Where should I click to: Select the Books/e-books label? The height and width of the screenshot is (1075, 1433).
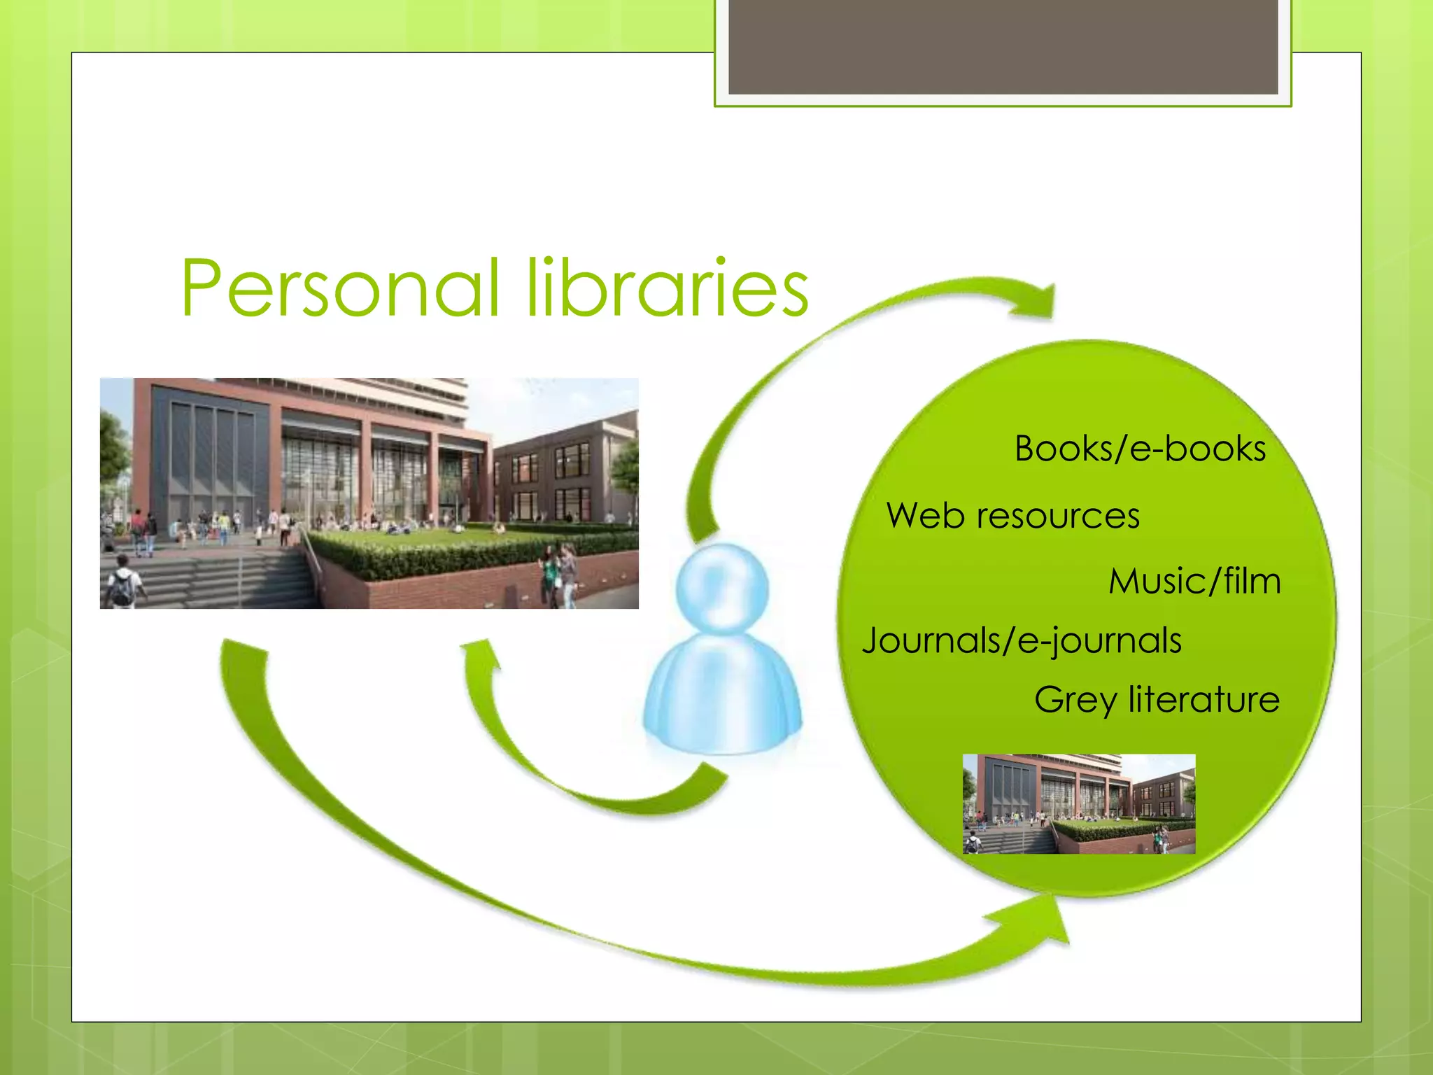[x=1140, y=449]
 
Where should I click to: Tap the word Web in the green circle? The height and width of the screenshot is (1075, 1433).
[x=925, y=517]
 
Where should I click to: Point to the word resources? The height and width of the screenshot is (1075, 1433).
[x=1058, y=517]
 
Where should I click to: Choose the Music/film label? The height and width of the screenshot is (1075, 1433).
[x=1194, y=582]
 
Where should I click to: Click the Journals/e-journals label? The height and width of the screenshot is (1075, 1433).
[x=1022, y=641]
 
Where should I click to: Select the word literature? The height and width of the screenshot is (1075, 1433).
[x=1203, y=699]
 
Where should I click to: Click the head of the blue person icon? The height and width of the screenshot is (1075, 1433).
[x=722, y=589]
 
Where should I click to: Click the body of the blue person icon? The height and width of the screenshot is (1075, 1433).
[x=722, y=696]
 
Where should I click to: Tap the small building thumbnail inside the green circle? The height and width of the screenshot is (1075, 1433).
[x=1079, y=803]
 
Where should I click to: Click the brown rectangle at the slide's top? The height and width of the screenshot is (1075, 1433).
[x=1003, y=46]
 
